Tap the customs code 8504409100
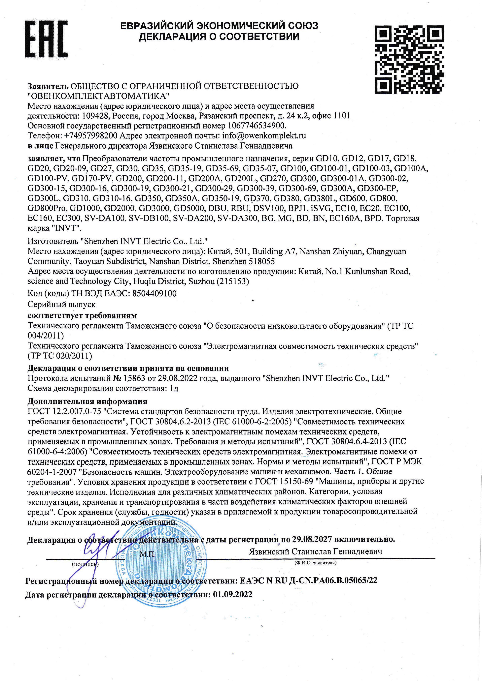[x=154, y=294]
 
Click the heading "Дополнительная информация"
[x=87, y=402]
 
